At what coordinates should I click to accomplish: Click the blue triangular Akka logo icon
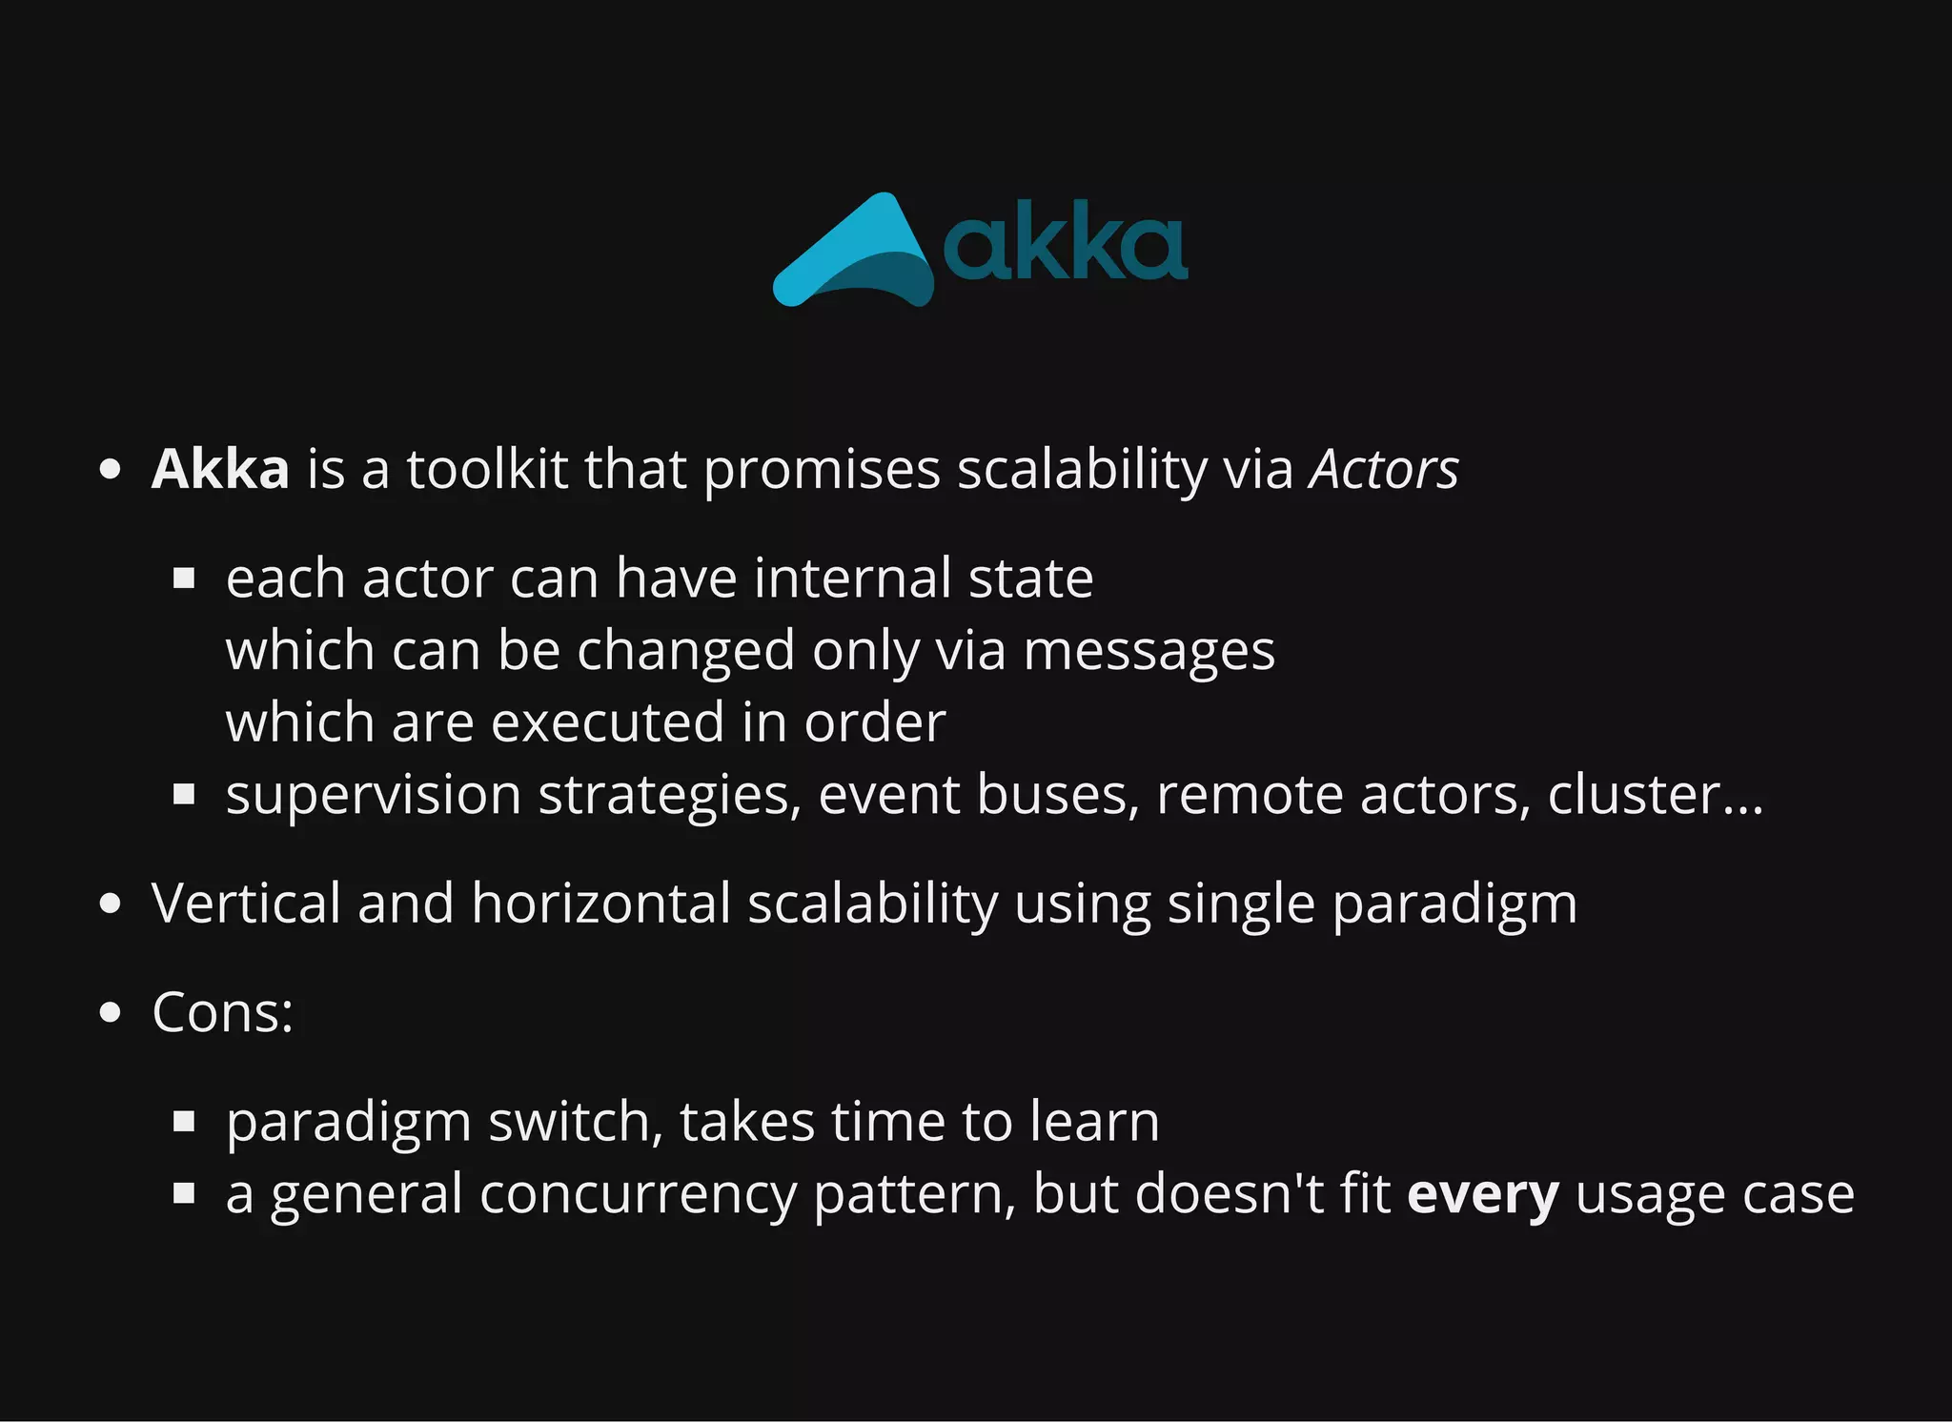coord(853,253)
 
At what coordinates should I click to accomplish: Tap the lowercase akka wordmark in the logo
coord(1065,247)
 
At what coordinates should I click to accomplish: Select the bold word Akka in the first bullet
coord(220,469)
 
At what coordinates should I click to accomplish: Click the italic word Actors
coord(1383,469)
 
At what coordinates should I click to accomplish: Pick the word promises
coord(822,471)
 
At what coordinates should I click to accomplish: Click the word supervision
coord(374,796)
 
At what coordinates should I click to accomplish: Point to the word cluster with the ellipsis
coord(1655,794)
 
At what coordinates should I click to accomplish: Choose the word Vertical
coord(246,903)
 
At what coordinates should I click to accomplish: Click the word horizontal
coord(600,903)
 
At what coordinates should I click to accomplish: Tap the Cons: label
coord(223,1011)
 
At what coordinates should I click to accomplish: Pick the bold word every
coord(1483,1195)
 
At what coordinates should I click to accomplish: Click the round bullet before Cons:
coord(111,1012)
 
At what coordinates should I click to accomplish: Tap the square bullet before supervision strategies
coord(184,795)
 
